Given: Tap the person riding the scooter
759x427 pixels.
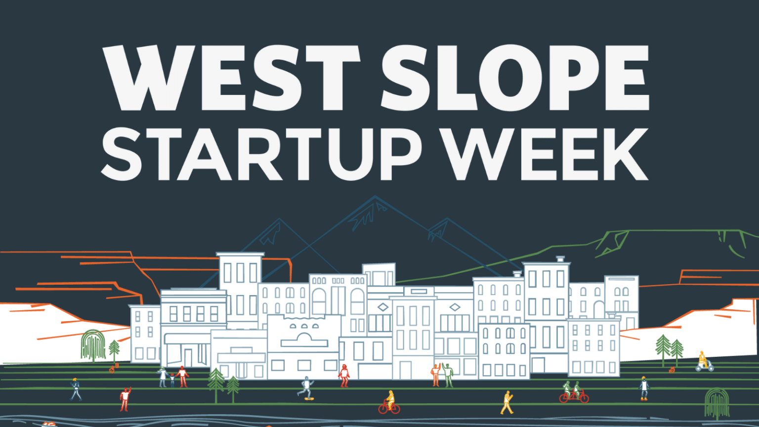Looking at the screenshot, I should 703,361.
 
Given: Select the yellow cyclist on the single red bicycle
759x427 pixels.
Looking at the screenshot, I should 389,402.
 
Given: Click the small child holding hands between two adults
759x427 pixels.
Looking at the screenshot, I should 172,380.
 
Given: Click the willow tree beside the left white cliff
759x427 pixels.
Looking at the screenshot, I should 93,345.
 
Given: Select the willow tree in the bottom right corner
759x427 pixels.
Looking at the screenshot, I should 717,402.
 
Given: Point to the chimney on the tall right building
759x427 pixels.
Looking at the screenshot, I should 560,259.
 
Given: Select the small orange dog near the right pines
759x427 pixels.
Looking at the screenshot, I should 672,369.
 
